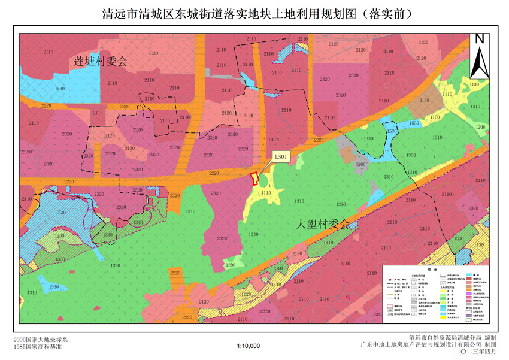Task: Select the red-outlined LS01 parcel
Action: point(254,179)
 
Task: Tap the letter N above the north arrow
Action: point(480,39)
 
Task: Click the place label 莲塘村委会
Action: point(101,61)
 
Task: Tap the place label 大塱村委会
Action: point(323,224)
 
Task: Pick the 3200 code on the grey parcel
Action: point(360,163)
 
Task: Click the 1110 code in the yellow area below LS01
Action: point(266,193)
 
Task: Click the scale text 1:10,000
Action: point(248,346)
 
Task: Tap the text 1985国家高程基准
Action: point(37,346)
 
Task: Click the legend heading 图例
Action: point(436,270)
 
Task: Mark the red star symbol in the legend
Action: point(390,280)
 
